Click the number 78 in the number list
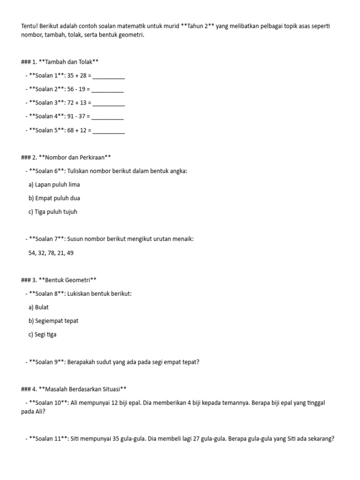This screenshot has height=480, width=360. [52, 253]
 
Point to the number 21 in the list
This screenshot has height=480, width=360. [61, 253]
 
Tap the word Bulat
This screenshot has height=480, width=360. [42, 307]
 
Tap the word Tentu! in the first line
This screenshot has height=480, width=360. [30, 26]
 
